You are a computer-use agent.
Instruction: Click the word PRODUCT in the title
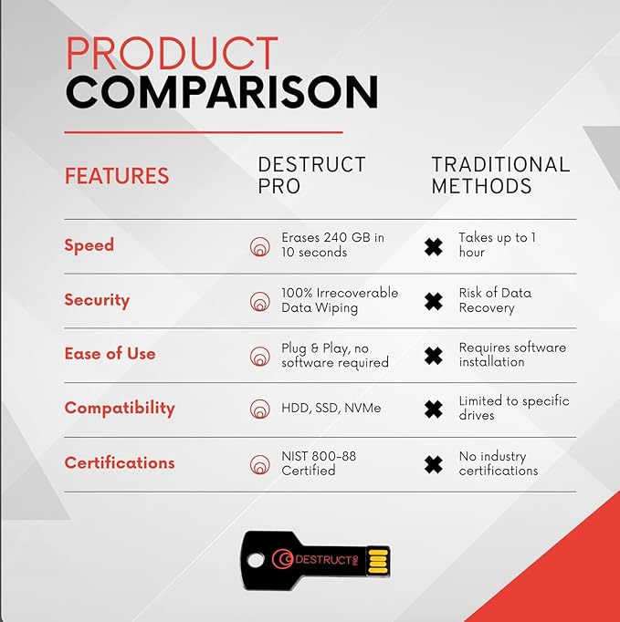(172, 55)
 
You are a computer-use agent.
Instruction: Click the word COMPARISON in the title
(221, 93)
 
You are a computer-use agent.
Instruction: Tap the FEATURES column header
(117, 176)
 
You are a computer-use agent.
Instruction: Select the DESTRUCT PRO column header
(311, 175)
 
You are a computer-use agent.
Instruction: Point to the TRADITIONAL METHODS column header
(500, 175)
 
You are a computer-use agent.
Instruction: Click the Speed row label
(89, 245)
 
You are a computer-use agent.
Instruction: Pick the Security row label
(97, 300)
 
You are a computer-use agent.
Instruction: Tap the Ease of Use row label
(110, 354)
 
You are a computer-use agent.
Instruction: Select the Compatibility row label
(119, 408)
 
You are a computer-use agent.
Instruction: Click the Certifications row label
(119, 462)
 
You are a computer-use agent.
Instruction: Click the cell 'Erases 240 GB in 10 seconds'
(332, 244)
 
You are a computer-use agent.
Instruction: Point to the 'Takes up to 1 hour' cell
(497, 244)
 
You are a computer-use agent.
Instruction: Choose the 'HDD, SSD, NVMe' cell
(331, 409)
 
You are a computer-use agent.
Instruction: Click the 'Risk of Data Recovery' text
(494, 300)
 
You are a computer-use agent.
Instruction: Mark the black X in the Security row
(434, 301)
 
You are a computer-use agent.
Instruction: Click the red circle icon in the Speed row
(260, 246)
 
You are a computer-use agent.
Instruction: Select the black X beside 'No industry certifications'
(434, 464)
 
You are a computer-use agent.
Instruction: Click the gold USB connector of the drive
(377, 561)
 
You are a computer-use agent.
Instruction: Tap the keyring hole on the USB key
(258, 559)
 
